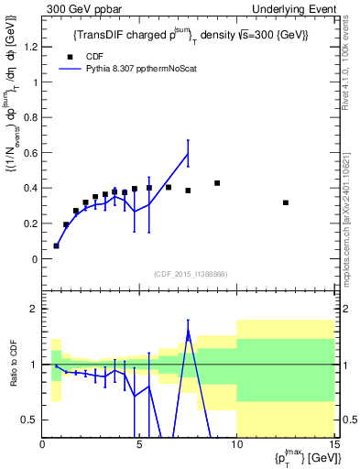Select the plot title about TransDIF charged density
point(191,35)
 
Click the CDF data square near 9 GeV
point(217,183)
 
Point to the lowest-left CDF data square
point(56,245)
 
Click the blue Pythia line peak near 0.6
point(188,153)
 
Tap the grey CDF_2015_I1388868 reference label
point(190,274)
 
